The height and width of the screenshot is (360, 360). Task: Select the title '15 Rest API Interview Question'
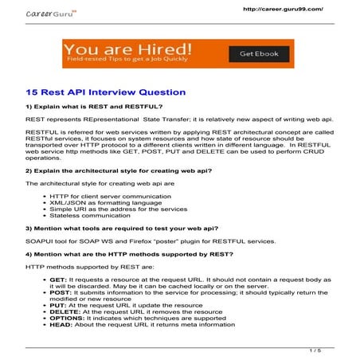(x=105, y=92)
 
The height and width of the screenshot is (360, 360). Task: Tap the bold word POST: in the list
(x=60, y=296)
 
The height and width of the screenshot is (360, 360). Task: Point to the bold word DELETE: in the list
(x=64, y=318)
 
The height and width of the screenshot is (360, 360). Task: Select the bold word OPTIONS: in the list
(x=66, y=325)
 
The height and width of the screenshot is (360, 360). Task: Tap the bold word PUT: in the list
(x=57, y=311)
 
